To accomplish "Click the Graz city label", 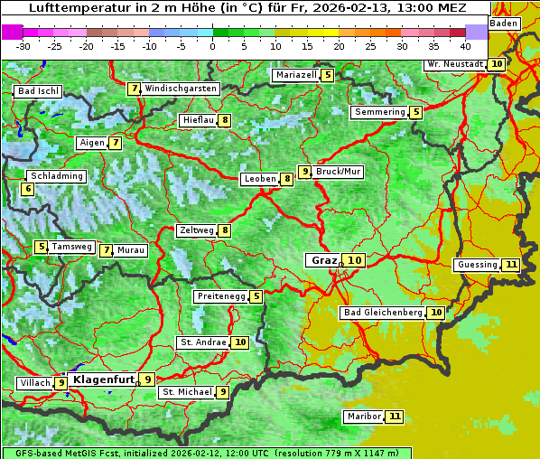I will click(323, 260).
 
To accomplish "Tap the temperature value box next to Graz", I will click(355, 260).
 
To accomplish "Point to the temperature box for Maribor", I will click(395, 417).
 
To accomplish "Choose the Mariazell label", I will click(296, 75).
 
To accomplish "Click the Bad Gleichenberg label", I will click(382, 313).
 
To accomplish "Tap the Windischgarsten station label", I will click(181, 89).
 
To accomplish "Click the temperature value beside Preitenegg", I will click(256, 296).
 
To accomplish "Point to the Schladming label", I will click(56, 176).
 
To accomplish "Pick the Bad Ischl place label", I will click(38, 91).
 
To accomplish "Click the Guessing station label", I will click(477, 265).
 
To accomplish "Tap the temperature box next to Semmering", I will click(415, 112).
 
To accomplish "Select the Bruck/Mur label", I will click(339, 171).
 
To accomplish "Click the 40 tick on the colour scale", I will click(465, 45).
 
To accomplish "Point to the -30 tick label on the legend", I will click(23, 45).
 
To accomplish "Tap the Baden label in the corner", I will click(505, 23).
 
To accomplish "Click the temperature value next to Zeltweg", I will click(225, 230).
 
